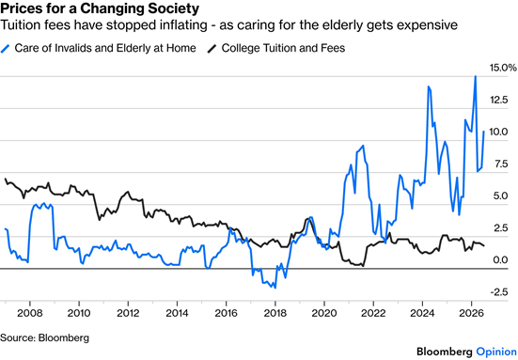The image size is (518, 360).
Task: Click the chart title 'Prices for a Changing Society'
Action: pyautogui.click(x=100, y=8)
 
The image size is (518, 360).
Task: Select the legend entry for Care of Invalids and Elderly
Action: pyautogui.click(x=99, y=48)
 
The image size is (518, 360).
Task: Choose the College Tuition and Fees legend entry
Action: pyautogui.click(x=276, y=48)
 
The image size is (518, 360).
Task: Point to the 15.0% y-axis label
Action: pyautogui.click(x=503, y=68)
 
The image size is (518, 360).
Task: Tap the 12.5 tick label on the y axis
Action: pyautogui.click(x=499, y=100)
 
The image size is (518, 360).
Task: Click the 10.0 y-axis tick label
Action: pyautogui.click(x=499, y=132)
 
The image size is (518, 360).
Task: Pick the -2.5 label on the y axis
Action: pyautogui.click(x=499, y=292)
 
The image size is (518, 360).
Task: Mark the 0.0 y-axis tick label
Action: pyautogui.click(x=500, y=260)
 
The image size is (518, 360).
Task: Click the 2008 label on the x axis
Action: pyautogui.click(x=30, y=313)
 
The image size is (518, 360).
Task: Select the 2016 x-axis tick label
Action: pyautogui.click(x=226, y=313)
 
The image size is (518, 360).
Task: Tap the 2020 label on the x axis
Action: pyautogui.click(x=324, y=313)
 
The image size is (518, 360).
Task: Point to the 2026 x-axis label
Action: pyautogui.click(x=471, y=313)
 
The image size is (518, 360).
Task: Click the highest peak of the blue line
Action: pyautogui.click(x=476, y=76)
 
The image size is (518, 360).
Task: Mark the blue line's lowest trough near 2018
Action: pyautogui.click(x=275, y=288)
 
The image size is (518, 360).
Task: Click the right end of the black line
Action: pyautogui.click(x=484, y=245)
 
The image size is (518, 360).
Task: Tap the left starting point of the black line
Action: pyautogui.click(x=5, y=179)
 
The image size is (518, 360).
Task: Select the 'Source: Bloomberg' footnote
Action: pyautogui.click(x=44, y=337)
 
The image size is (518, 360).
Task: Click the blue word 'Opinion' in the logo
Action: pyautogui.click(x=496, y=352)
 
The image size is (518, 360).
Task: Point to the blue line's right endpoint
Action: pyautogui.click(x=484, y=132)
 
